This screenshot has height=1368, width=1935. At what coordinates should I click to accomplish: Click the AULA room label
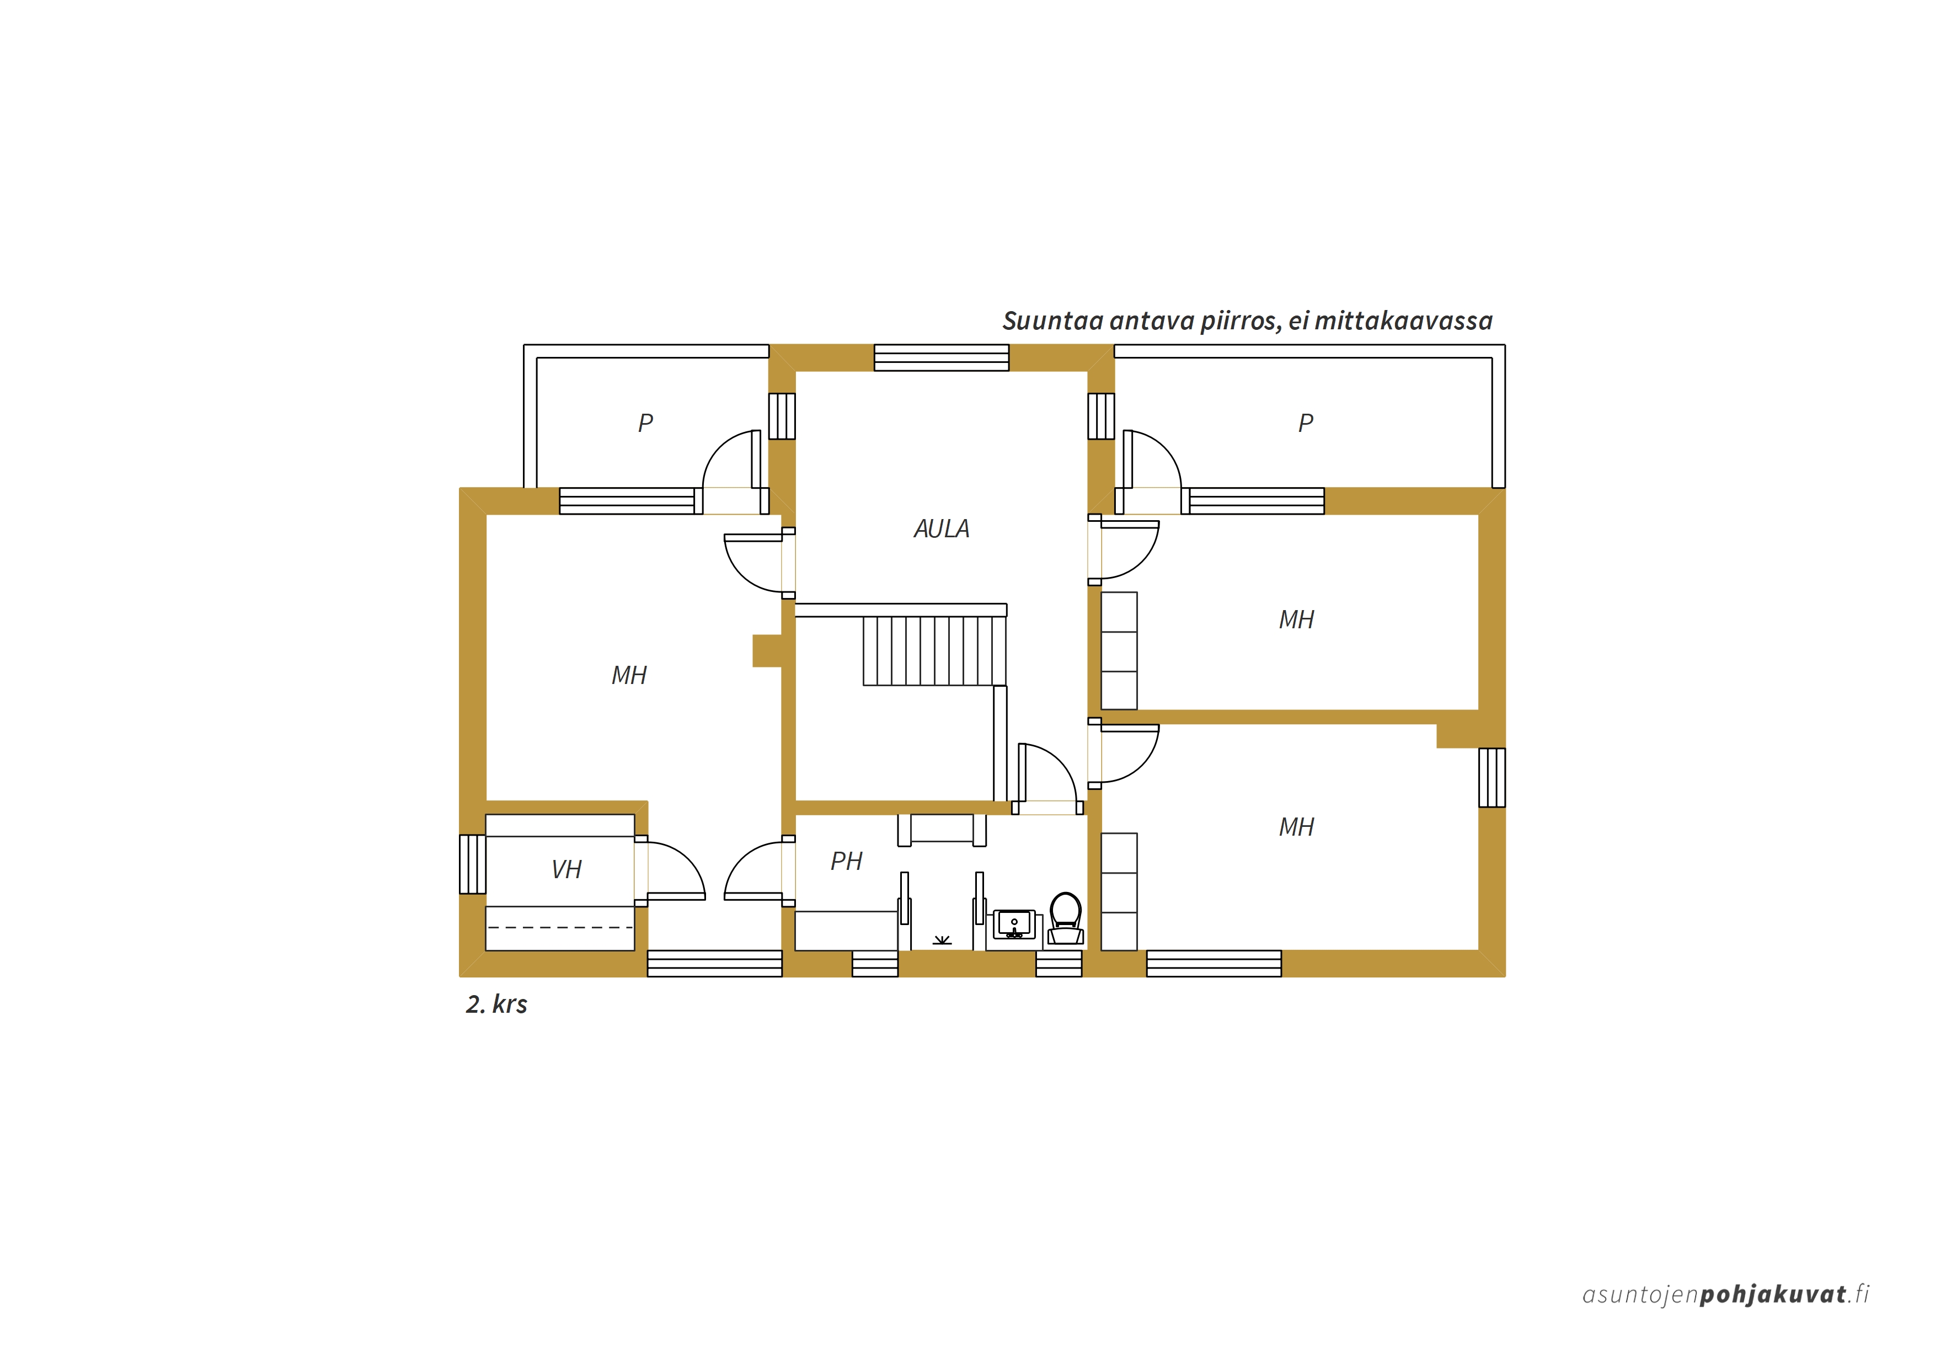click(942, 528)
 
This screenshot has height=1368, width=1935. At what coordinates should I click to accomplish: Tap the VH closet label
click(566, 869)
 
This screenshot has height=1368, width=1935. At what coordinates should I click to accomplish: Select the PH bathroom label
click(846, 861)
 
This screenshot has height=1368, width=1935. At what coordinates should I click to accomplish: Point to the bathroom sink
click(1014, 924)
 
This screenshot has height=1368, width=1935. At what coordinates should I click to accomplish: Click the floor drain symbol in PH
click(942, 940)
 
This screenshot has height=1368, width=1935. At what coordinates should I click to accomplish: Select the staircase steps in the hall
click(934, 651)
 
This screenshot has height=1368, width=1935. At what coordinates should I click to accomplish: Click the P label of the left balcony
click(645, 423)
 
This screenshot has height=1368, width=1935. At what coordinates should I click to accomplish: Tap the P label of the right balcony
click(1306, 423)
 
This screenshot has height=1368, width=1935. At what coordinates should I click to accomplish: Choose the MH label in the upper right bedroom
click(1296, 619)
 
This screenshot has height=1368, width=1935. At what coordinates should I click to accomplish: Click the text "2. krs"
click(496, 1004)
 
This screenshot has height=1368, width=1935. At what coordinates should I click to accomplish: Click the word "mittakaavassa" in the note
click(1403, 321)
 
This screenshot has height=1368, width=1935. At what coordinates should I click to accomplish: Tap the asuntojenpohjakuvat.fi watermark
click(1726, 1294)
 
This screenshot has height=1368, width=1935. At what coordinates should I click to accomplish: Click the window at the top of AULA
click(942, 357)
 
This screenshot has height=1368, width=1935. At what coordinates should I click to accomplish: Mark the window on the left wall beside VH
click(472, 864)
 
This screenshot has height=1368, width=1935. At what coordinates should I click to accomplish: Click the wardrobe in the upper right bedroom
click(1119, 651)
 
